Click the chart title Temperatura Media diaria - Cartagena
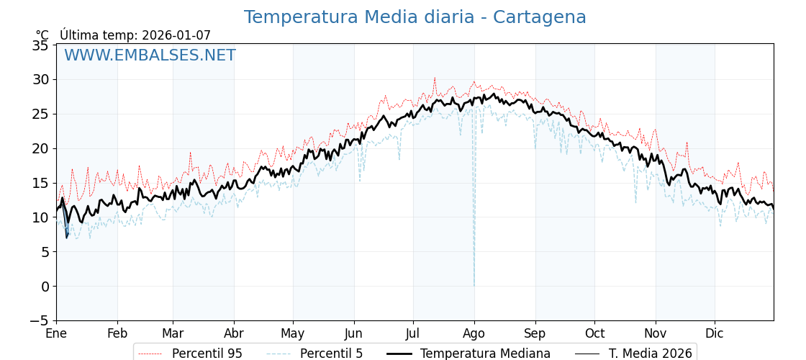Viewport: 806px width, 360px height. pos(415,17)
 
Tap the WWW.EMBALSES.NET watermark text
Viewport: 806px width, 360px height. pos(150,55)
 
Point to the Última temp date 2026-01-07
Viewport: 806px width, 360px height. pos(176,35)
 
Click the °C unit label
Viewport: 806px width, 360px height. pos(42,35)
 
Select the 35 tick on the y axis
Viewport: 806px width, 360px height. pos(40,45)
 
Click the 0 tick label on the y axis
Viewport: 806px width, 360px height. pos(45,287)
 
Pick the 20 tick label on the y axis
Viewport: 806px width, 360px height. pos(40,148)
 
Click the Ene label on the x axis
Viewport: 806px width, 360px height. pos(56,333)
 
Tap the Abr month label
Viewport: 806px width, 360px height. pos(234,333)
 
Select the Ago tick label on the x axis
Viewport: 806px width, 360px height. pos(474,333)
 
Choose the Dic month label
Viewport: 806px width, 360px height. pos(715,333)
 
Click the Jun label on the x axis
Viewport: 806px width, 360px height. pos(354,333)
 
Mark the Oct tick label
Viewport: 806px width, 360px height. pos(594,333)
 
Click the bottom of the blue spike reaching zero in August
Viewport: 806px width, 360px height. pos(474,285)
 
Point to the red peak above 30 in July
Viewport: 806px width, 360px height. pos(435,78)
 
